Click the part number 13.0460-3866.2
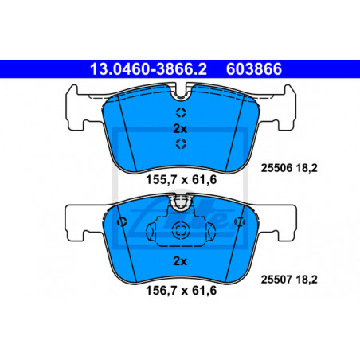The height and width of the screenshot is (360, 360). click(x=148, y=69)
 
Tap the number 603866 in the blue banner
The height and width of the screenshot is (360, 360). click(x=254, y=69)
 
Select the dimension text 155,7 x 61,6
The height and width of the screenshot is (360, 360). click(x=182, y=180)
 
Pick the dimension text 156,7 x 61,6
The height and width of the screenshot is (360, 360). click(x=182, y=291)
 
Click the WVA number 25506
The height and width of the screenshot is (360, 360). click(x=276, y=168)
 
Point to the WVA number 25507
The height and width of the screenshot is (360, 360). click(x=276, y=280)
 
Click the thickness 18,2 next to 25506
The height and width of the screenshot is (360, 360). click(x=307, y=168)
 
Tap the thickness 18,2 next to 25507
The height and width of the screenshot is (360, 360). click(x=307, y=280)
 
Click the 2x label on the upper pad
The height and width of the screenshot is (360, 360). click(x=180, y=129)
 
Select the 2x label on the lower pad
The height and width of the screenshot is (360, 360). click(x=180, y=261)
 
